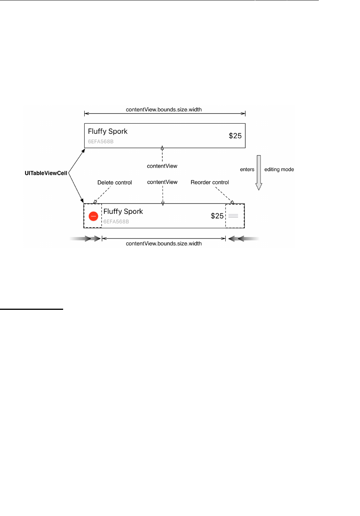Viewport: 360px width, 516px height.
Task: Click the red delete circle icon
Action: [x=93, y=216]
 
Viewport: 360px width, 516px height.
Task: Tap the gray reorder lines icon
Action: [x=233, y=216]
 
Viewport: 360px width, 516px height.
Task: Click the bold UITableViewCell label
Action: [x=46, y=173]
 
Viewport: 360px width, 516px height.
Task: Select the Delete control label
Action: [x=114, y=183]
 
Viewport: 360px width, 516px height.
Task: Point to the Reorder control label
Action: [x=210, y=182]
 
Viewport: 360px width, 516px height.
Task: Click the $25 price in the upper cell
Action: [x=235, y=136]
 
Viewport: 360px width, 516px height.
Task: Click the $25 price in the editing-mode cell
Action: [x=217, y=216]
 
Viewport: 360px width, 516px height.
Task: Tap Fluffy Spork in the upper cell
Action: [x=108, y=131]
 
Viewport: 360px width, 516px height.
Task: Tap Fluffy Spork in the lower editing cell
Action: [x=123, y=212]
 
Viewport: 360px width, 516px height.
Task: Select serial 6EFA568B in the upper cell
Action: [x=101, y=141]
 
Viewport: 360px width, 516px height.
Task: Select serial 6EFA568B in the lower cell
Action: [x=116, y=222]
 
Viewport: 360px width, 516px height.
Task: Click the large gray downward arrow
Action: [x=259, y=172]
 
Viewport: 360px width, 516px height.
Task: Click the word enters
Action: [x=247, y=170]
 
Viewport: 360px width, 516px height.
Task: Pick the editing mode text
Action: [x=279, y=170]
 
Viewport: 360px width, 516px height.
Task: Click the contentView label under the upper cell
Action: [x=162, y=166]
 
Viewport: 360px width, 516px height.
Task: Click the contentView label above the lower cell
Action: [x=162, y=182]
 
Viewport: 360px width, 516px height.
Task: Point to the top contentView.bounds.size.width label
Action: [x=164, y=109]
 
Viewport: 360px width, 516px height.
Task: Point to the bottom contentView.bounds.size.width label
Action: [x=164, y=244]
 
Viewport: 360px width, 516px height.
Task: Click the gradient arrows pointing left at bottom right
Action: [x=243, y=239]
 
